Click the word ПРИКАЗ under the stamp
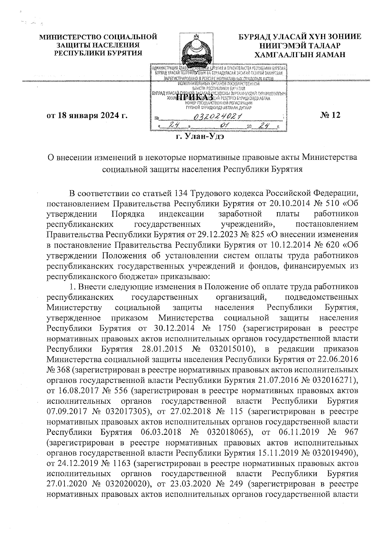tap(195, 96)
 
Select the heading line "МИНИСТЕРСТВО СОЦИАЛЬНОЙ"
tap(98, 37)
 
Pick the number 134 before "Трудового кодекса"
tap(181, 194)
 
